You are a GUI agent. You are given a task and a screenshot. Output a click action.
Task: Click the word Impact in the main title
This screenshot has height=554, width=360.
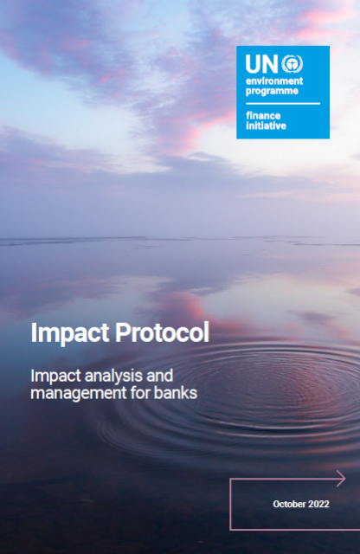pyautogui.click(x=70, y=332)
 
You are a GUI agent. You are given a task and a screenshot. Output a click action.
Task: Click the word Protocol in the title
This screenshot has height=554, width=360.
pyautogui.click(x=162, y=332)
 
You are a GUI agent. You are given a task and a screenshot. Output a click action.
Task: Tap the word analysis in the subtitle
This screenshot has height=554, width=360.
pyautogui.click(x=113, y=376)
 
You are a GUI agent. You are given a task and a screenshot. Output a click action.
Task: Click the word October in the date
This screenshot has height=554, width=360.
pyautogui.click(x=289, y=504)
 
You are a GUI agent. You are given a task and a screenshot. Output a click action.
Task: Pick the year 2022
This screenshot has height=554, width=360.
pyautogui.click(x=318, y=504)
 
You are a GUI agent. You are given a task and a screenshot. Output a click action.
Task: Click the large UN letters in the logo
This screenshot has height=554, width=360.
pyautogui.click(x=261, y=64)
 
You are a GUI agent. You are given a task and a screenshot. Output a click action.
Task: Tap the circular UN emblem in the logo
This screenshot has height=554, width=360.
pyautogui.click(x=292, y=64)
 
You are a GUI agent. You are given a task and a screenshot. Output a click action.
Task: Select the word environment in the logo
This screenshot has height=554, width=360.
pyautogui.click(x=274, y=81)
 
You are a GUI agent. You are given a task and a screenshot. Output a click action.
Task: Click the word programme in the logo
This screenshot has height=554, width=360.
pyautogui.click(x=272, y=91)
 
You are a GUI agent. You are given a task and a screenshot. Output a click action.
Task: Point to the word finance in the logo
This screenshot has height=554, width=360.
pyautogui.click(x=263, y=115)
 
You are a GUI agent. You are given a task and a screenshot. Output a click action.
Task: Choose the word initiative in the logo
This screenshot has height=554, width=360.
pyautogui.click(x=266, y=126)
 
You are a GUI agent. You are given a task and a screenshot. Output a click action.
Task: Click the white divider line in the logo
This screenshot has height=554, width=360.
pyautogui.click(x=283, y=104)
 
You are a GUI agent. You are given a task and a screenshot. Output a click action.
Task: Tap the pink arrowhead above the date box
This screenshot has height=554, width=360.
pyautogui.click(x=341, y=479)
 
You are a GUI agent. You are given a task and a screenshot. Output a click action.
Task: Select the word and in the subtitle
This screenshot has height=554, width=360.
pyautogui.click(x=160, y=376)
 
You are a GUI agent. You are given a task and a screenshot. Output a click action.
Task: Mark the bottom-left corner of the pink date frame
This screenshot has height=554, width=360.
pyautogui.click(x=230, y=530)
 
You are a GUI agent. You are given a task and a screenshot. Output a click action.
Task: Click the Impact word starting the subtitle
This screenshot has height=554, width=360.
pyautogui.click(x=56, y=376)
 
